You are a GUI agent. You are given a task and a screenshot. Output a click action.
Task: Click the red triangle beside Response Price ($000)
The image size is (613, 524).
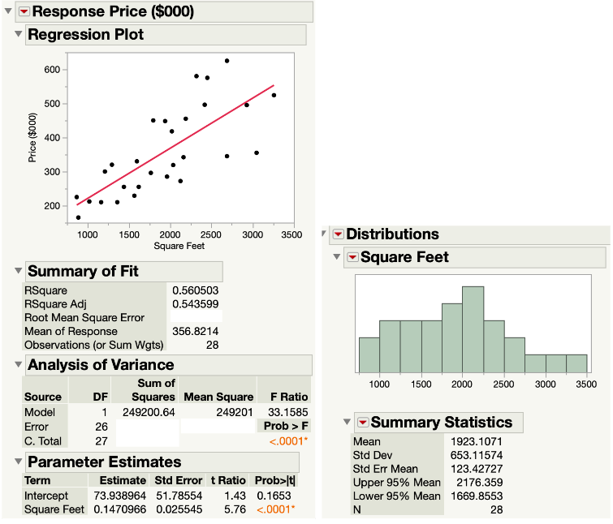[x=24, y=11]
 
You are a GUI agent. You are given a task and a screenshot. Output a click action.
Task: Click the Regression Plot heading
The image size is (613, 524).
[x=84, y=35]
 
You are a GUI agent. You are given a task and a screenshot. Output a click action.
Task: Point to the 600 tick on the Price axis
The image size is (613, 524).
[x=52, y=70]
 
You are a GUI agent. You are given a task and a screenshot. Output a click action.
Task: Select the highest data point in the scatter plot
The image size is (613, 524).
[x=227, y=61]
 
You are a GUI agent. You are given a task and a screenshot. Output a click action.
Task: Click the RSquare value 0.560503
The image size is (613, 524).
[x=195, y=289]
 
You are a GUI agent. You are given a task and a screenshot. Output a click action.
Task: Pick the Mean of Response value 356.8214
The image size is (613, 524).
[x=195, y=332]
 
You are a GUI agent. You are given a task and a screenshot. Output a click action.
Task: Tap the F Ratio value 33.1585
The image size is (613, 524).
[x=284, y=411]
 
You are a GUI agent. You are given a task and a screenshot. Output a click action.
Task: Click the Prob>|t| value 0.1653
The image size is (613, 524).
[x=274, y=494]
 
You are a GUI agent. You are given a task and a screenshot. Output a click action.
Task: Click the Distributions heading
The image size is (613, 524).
[x=392, y=234]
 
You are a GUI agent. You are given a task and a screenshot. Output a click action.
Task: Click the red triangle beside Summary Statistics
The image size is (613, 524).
[x=361, y=423]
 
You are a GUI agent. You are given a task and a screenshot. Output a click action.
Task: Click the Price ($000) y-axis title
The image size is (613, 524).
[x=32, y=137]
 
